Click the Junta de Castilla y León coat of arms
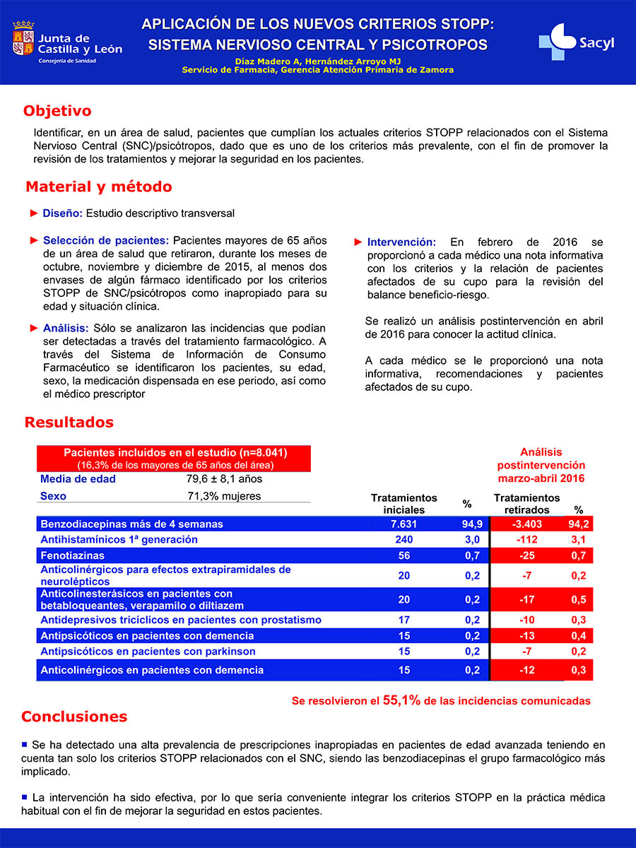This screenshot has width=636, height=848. pos(23,40)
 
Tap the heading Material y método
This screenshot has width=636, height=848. pos(98,187)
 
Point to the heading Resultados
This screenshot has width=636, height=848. pos(69,423)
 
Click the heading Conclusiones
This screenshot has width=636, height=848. pos(74,717)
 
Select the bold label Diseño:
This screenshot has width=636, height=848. pos(63,213)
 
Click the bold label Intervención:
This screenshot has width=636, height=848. pos(401,242)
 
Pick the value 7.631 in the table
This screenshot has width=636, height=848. pos(404,524)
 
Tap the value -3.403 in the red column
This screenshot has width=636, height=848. pos(526,524)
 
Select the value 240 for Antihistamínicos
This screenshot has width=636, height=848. pos(404,540)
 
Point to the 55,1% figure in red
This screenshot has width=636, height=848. pos(401,700)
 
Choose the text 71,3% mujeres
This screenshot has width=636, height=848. pos(224,496)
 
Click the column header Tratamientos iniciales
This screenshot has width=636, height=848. pos(404,504)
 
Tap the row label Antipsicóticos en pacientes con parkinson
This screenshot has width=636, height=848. pos(148,652)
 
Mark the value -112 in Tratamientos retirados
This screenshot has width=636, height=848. pos(526,540)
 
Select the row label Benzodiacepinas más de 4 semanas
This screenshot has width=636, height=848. pos(131,524)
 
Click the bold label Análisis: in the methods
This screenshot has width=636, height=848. pos(65,329)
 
